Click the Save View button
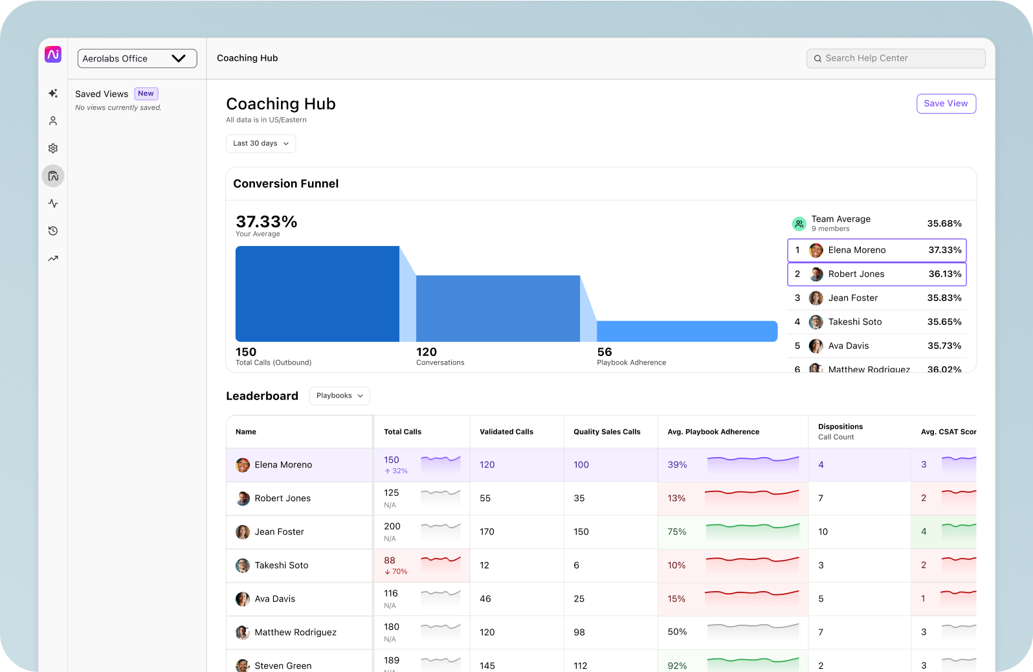946,104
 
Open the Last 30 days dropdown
261,144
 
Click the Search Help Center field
896,58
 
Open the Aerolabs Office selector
137,58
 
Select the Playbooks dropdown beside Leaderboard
339,396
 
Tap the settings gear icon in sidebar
53,148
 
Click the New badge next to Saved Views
146,94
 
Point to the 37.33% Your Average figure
266,222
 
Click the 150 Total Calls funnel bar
317,293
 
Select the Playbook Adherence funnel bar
687,331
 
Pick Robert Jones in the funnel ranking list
856,274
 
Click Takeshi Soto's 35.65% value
944,322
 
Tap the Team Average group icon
799,223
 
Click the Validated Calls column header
506,432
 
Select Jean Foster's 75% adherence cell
677,532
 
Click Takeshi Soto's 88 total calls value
390,561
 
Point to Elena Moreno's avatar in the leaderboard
243,465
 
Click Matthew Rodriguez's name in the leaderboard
295,633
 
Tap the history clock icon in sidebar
53,231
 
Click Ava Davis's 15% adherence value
676,599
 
